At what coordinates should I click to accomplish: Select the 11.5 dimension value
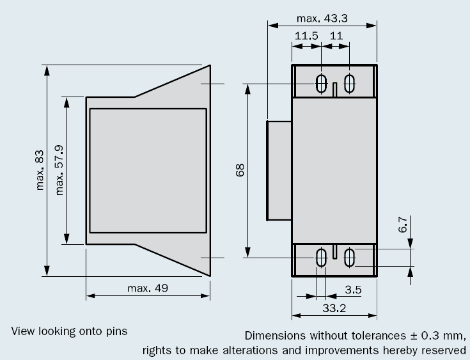(x=306, y=36)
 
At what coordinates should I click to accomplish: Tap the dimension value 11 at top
(x=336, y=36)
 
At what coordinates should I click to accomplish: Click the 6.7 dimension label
(x=402, y=226)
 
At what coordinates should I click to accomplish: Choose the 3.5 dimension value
(x=353, y=290)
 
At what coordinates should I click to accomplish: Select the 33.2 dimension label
(x=334, y=308)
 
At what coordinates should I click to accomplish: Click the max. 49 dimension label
(x=148, y=288)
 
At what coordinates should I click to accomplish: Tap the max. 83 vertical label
(x=38, y=170)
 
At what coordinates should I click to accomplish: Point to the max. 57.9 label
(x=58, y=170)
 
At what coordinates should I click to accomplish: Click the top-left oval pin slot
(x=322, y=83)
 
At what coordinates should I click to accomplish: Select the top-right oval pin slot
(x=349, y=83)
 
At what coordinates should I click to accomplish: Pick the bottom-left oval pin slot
(x=322, y=258)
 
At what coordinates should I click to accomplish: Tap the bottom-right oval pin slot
(x=349, y=258)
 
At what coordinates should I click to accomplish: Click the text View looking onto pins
(x=69, y=331)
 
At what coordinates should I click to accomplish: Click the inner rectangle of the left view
(x=148, y=171)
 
